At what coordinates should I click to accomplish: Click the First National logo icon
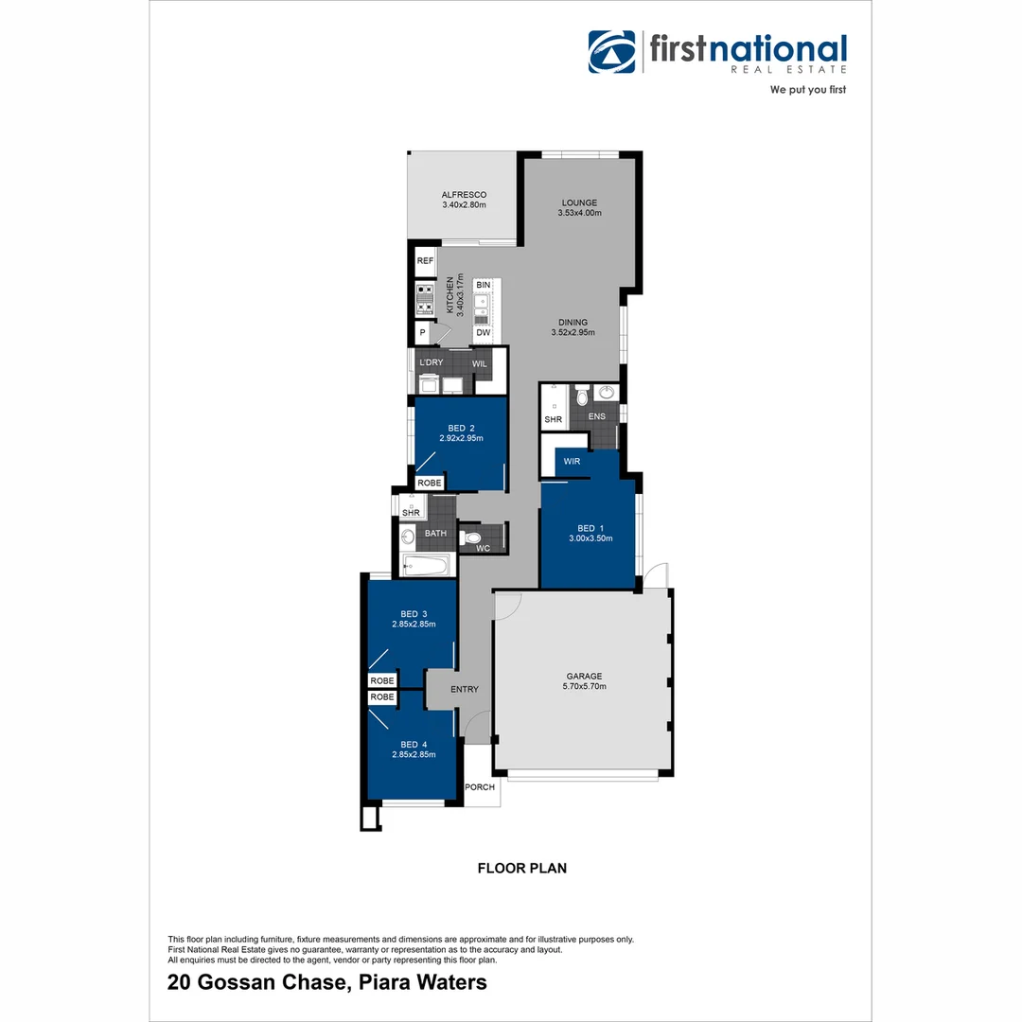pos(611,51)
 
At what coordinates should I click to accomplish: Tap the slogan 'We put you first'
pos(808,90)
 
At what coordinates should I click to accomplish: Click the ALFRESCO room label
pos(464,194)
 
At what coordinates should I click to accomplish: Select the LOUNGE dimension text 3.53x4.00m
pos(579,213)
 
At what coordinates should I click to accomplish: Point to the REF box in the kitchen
pos(425,261)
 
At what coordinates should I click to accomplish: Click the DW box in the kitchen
pos(483,332)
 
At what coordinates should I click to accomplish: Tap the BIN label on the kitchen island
pos(483,285)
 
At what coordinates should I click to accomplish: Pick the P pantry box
pos(422,333)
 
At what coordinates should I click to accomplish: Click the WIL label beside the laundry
pos(480,363)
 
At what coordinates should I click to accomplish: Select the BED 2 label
pos(462,428)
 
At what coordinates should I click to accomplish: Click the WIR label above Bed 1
pos(572,462)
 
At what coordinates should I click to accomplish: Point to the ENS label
pos(596,416)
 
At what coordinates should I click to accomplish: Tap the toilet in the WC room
pos(472,538)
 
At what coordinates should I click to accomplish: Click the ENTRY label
pos(465,690)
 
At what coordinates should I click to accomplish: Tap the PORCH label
pos(479,787)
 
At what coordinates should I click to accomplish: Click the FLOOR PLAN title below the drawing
pos(521,867)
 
